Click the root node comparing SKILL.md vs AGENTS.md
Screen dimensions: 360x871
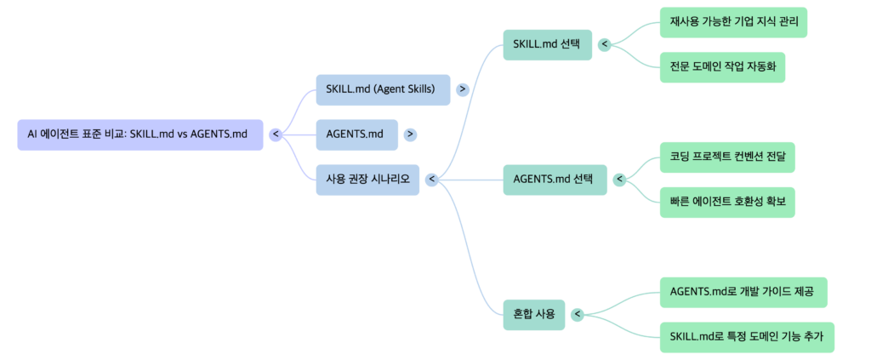[139, 134]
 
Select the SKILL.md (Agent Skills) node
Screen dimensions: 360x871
[382, 89]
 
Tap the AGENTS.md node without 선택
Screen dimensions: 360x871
[356, 134]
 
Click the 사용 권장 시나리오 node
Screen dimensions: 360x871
[367, 180]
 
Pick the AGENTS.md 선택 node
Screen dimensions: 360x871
[555, 180]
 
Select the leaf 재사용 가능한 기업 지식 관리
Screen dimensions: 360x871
[732, 22]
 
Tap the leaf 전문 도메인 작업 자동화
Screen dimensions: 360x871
[721, 67]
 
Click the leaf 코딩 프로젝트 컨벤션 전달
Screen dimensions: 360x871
[727, 157]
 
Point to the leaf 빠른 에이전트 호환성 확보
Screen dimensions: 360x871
[727, 203]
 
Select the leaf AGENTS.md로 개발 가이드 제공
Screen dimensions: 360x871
[742, 292]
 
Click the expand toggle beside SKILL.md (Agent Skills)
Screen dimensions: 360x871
[463, 89]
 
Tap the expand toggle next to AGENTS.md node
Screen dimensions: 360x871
[411, 134]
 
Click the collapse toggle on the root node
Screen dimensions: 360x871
[276, 134]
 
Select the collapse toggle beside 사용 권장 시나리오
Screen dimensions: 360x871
[431, 180]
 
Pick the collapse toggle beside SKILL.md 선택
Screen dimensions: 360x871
[604, 44]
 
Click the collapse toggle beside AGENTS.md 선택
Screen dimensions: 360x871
[619, 180]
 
